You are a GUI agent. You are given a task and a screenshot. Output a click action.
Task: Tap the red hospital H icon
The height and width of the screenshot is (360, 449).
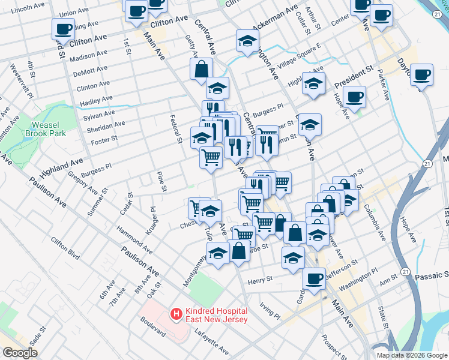(x=176, y=313)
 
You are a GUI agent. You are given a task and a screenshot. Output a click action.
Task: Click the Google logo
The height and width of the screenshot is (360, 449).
(x=20, y=353)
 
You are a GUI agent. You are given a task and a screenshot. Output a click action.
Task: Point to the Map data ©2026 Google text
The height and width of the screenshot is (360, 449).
(x=411, y=355)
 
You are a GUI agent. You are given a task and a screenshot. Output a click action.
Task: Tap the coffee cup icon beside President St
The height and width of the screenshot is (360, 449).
(x=355, y=96)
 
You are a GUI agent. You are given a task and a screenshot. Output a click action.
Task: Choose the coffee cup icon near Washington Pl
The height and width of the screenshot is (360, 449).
(x=314, y=278)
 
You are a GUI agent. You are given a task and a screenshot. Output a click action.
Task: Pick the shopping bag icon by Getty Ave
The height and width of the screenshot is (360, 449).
(x=201, y=70)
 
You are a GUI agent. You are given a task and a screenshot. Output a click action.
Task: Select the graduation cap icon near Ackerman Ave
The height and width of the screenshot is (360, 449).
(x=246, y=41)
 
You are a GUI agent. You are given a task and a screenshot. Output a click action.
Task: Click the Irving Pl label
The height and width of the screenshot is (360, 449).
(x=270, y=310)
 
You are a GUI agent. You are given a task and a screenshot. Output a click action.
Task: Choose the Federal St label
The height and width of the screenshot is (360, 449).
(x=176, y=129)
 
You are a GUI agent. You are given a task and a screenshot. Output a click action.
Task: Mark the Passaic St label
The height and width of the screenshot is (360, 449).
(x=432, y=277)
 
